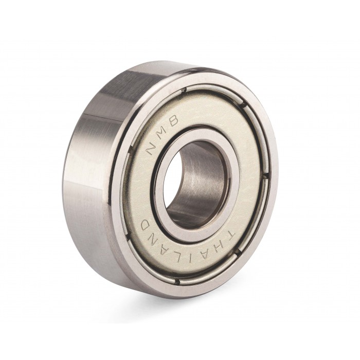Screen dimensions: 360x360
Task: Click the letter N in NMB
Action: click(x=152, y=149)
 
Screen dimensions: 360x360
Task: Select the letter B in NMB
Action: click(x=174, y=120)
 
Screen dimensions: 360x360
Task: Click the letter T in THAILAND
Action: click(x=229, y=236)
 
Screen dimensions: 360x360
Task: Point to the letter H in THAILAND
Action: click(x=218, y=248)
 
